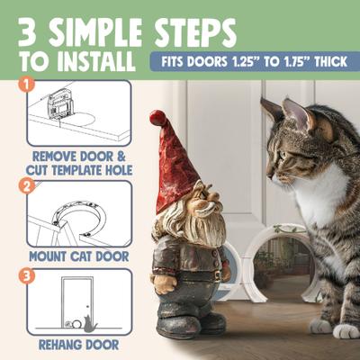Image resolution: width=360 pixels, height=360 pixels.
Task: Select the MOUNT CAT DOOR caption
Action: (x=79, y=254)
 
